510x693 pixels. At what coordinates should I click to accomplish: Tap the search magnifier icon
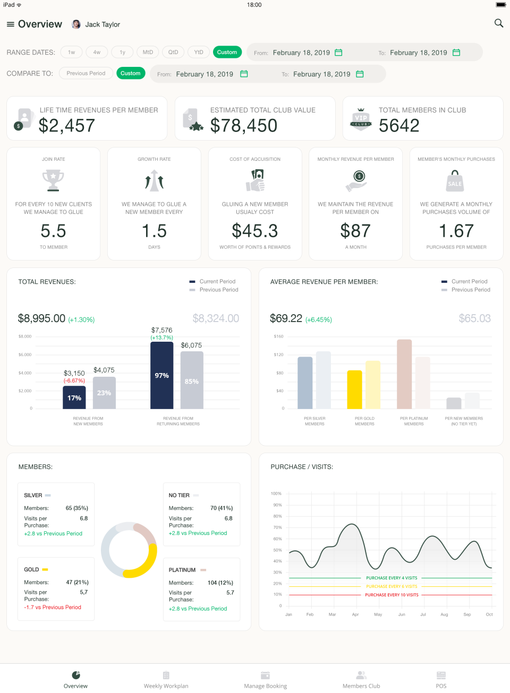tap(498, 23)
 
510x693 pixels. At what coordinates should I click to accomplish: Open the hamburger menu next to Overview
tap(10, 24)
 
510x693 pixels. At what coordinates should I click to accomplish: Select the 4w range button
tap(97, 52)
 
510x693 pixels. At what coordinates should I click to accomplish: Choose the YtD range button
tap(199, 52)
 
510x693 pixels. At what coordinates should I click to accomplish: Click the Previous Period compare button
tap(86, 73)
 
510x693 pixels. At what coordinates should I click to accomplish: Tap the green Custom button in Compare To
tap(130, 73)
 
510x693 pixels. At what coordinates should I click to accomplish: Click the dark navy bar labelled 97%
tap(161, 375)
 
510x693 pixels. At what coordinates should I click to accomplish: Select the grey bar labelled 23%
tap(104, 393)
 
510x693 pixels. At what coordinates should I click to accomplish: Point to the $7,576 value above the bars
tap(161, 330)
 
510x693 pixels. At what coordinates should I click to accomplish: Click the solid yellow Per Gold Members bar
tap(354, 389)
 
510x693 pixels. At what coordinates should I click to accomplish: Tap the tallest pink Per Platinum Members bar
tap(404, 374)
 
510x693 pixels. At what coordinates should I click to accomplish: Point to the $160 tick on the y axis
tap(278, 336)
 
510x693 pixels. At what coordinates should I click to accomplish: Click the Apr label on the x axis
tap(355, 614)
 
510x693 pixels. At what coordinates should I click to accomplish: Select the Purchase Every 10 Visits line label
tap(392, 595)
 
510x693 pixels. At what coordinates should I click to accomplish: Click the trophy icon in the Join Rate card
tap(53, 180)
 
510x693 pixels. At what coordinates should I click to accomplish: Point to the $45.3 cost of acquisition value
tap(255, 231)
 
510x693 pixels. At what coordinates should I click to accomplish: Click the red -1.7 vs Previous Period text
tap(53, 607)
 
